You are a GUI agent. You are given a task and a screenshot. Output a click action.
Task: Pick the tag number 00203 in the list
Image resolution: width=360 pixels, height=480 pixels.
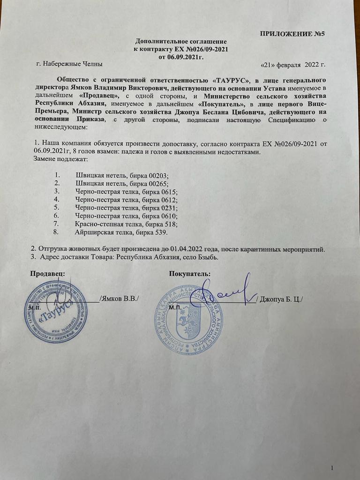coord(157,175)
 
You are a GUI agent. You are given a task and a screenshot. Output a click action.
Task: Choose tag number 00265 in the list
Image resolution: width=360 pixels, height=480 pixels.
coord(157,183)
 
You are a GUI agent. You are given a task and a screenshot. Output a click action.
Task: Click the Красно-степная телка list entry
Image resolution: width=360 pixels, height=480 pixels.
coord(126,224)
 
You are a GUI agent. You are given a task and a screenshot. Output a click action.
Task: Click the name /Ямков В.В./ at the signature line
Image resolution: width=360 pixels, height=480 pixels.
coord(120,299)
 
